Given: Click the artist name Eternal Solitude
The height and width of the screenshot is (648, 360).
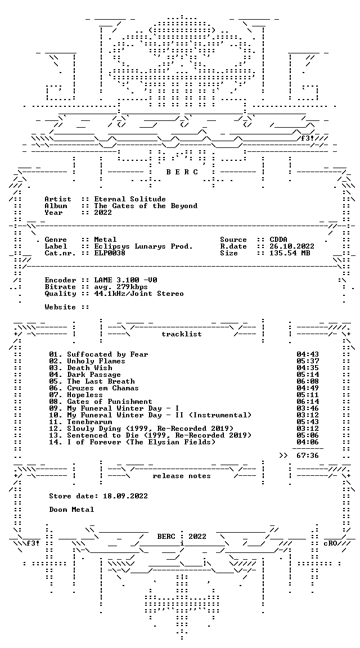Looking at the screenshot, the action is pos(130,199).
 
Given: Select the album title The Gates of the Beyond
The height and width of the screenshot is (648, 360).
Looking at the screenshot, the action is pos(146,206).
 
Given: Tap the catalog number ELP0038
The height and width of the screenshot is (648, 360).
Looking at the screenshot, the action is pos(110,253).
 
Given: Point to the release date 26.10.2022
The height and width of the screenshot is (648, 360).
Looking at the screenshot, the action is pos(292,246).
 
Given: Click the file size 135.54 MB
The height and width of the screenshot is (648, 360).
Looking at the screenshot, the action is pos(290,253).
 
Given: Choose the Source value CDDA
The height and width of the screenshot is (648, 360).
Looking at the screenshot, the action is pos(278,240).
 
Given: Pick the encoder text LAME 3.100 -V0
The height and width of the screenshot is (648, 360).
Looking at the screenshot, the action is pos(125,280).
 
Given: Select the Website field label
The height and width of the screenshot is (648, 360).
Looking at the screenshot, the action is pos(60,307).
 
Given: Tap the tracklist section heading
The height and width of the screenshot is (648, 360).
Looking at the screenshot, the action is pos(182,334).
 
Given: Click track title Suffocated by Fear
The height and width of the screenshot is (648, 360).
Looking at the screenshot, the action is pos(107,354).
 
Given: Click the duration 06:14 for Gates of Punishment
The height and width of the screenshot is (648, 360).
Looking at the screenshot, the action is pos(308,401).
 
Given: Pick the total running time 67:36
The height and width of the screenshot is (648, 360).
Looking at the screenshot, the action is pos(308,456).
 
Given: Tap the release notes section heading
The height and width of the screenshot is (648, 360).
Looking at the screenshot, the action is pos(182,476).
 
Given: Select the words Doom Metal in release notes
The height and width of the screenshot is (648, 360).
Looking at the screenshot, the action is pos(71,510).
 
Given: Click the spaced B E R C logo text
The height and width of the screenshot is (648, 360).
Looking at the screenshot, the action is pos(182,172).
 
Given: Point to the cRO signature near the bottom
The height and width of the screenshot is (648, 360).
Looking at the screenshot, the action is pos(331,543).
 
